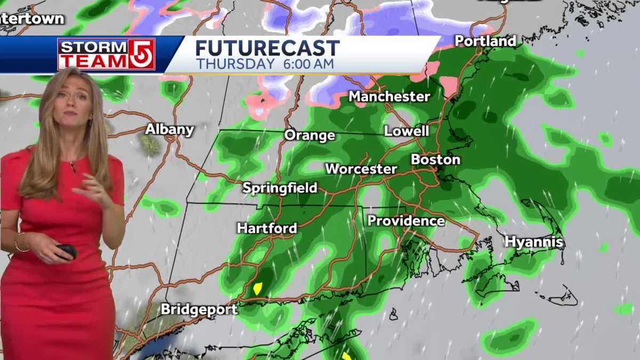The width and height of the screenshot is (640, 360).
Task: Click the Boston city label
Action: point(435,159)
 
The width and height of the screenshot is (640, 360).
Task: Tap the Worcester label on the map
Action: point(361,169)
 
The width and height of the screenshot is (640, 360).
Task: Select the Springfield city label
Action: point(279,188)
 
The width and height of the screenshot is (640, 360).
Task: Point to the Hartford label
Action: point(267,228)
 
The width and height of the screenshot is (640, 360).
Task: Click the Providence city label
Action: point(406,221)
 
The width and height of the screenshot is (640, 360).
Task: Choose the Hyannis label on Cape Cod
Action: point(534,242)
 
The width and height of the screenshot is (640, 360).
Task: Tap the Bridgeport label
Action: point(199,309)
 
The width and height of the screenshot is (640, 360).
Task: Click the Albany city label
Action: point(170,129)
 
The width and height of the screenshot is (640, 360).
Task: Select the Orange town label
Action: point(309,135)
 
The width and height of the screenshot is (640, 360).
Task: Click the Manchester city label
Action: point(389,97)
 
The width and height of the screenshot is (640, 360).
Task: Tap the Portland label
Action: point(485,41)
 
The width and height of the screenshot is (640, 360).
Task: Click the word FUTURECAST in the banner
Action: point(267,49)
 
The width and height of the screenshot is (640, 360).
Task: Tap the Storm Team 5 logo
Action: point(106,54)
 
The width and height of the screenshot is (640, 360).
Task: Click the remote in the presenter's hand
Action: point(67,251)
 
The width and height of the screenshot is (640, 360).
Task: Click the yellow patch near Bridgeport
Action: point(258,289)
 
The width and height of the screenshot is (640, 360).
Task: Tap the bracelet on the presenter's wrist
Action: point(21,245)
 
